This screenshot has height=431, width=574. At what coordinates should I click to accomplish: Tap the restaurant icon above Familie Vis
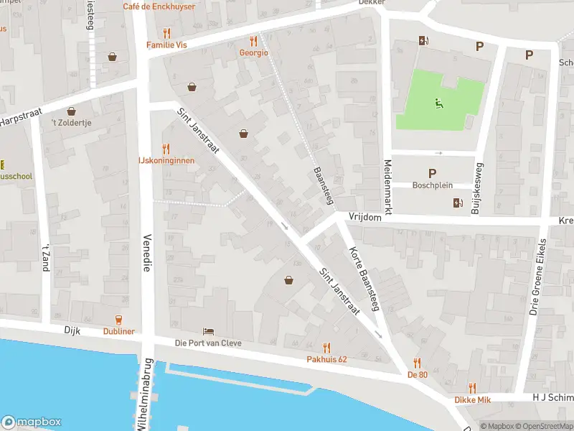(166, 32)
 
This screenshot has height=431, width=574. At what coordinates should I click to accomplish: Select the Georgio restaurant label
(253, 52)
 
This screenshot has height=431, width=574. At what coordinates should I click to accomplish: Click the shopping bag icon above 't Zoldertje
(71, 111)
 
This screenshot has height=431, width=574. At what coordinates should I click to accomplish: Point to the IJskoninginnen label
(166, 161)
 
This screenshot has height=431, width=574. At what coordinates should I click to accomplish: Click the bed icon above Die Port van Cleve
(208, 331)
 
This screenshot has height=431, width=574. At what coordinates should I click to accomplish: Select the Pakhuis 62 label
(326, 358)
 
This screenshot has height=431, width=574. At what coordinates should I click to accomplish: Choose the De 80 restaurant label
(417, 374)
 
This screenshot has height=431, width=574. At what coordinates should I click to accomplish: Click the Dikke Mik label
(471, 399)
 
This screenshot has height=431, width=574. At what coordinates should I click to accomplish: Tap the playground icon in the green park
(438, 103)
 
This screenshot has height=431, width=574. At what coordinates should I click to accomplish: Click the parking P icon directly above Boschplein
(432, 173)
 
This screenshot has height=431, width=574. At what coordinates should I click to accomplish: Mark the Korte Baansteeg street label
(363, 279)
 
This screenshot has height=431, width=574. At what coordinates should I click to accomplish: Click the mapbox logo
(32, 422)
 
